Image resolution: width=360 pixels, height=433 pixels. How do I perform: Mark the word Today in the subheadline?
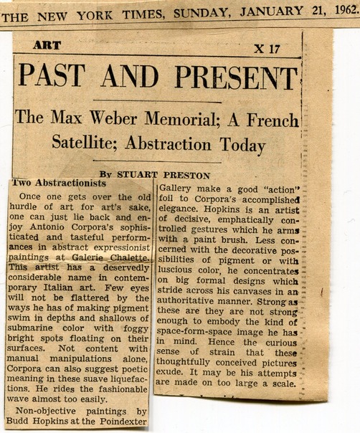239,145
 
